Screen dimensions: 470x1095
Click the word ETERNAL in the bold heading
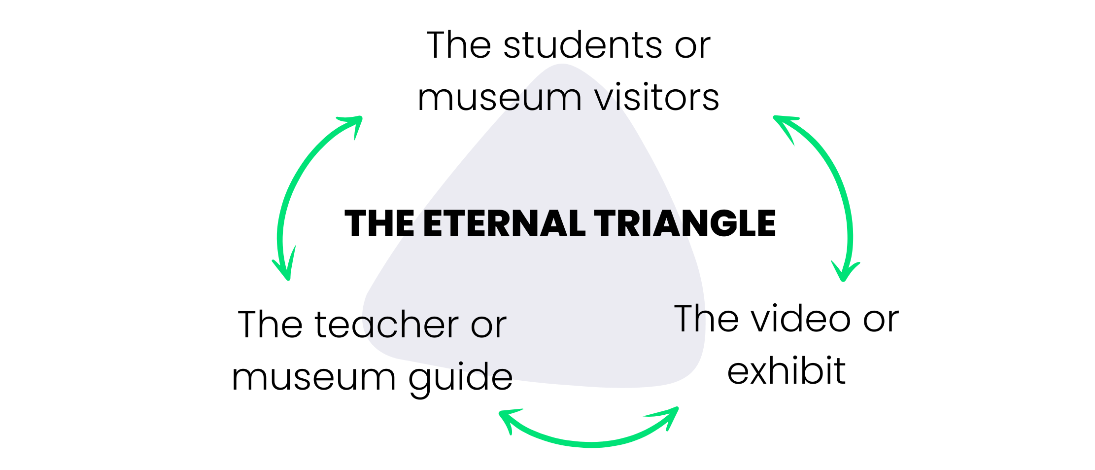pyautogui.click(x=504, y=224)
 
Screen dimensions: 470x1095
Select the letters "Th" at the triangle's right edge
pyautogui.click(x=690, y=319)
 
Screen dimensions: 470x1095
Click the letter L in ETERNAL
pyautogui.click(x=578, y=224)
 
